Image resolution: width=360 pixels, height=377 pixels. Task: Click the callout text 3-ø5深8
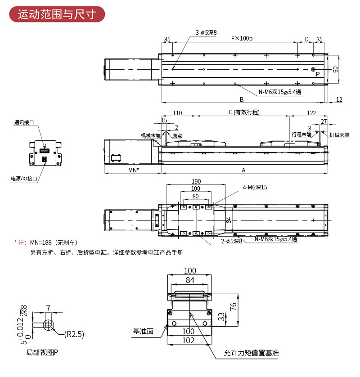tap(206, 32)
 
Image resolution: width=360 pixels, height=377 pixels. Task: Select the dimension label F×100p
tap(242, 39)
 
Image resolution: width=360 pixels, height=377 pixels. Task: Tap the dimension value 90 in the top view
tap(335, 69)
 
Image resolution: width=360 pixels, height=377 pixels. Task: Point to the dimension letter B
tap(242, 99)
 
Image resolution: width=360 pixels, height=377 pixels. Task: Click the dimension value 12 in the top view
tap(339, 99)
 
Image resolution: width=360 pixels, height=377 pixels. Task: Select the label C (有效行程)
tap(244, 112)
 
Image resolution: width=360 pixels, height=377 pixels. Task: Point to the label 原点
tap(177, 135)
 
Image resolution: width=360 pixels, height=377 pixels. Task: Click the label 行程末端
tap(301, 135)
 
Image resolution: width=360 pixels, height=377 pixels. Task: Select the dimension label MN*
tap(133, 170)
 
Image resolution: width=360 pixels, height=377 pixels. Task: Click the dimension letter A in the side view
tap(243, 170)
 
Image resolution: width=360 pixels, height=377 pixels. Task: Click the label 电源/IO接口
tap(24, 179)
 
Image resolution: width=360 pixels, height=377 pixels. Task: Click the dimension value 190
tap(196, 181)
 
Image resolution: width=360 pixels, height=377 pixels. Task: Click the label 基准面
tap(143, 331)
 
